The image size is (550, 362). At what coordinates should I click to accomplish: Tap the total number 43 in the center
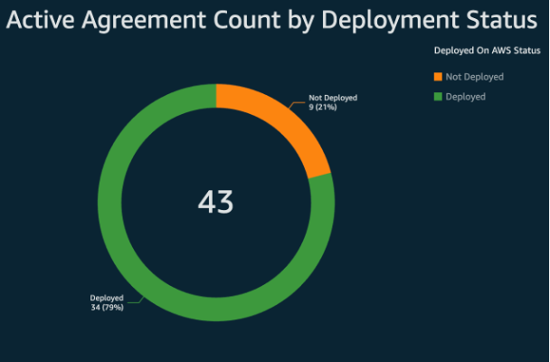click(215, 202)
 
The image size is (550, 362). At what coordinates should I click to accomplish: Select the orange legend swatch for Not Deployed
click(439, 77)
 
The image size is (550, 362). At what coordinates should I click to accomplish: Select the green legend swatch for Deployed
click(439, 96)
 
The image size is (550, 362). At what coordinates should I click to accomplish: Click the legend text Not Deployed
click(474, 77)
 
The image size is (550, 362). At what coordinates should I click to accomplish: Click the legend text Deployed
click(466, 96)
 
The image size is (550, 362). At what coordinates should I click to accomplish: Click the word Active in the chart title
click(46, 20)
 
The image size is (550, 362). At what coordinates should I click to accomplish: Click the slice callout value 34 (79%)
click(107, 307)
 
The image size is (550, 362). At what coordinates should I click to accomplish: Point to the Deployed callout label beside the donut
click(106, 298)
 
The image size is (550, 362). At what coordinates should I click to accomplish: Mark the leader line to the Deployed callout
click(134, 300)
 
